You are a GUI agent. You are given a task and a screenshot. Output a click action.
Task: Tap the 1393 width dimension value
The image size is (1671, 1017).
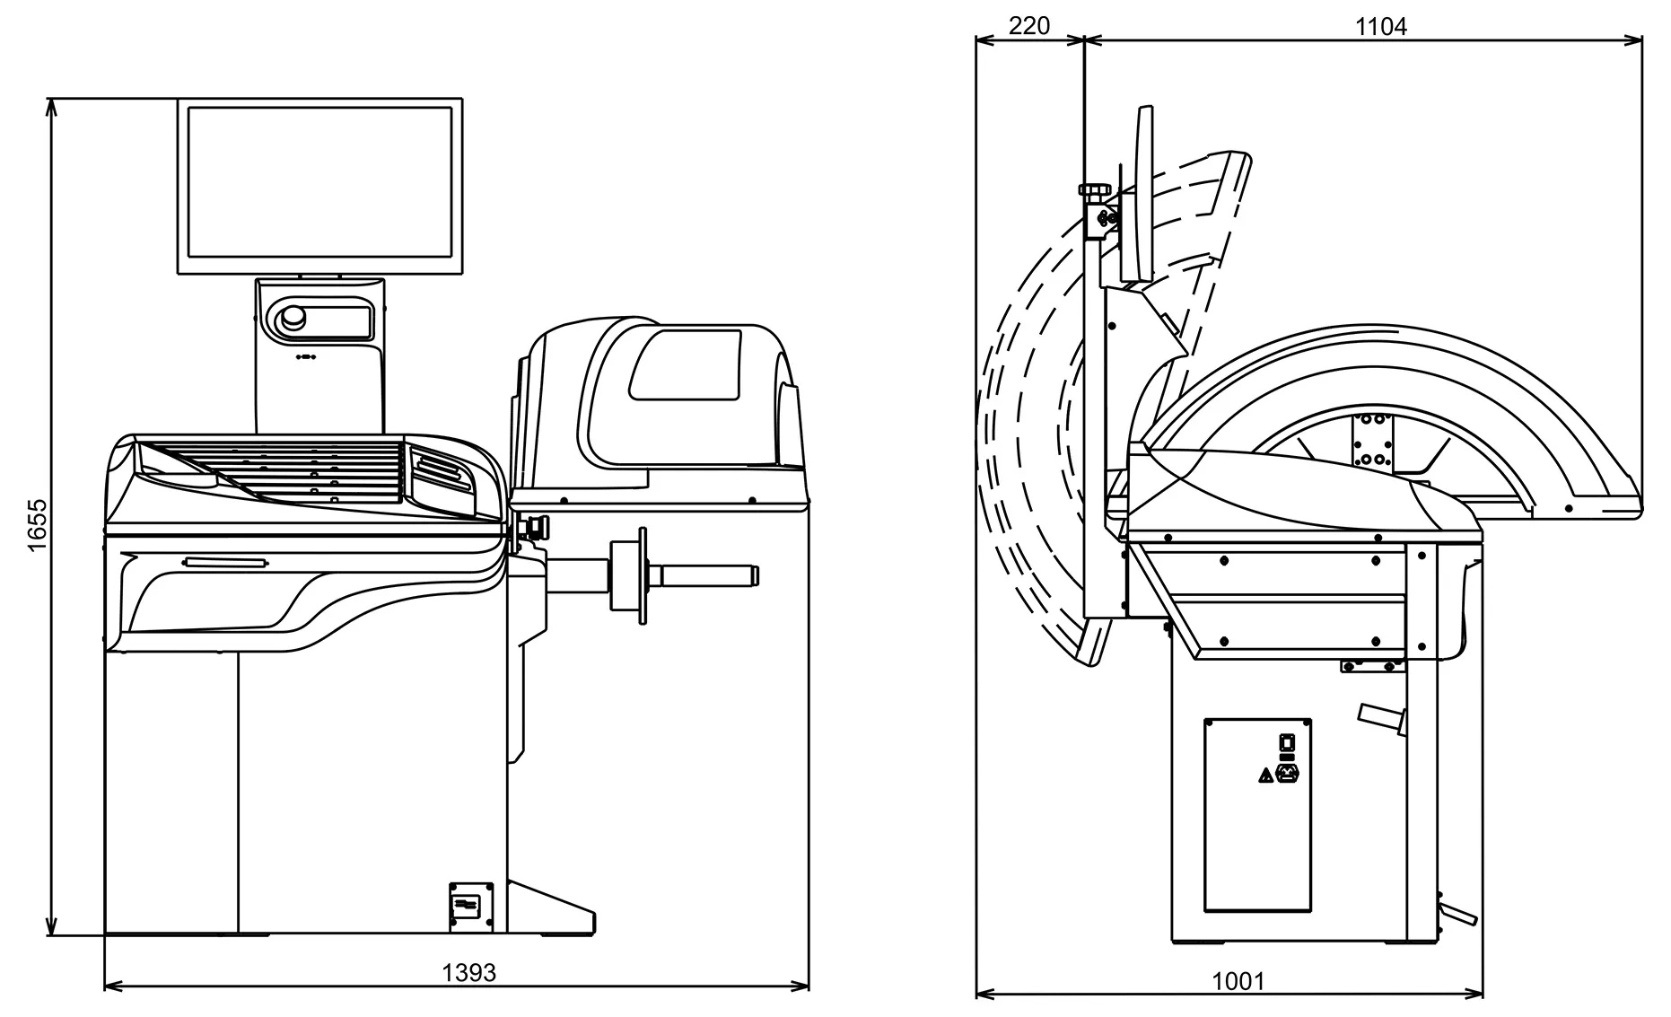[x=468, y=972]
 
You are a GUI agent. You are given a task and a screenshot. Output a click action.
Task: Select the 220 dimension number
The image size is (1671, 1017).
[x=1028, y=26]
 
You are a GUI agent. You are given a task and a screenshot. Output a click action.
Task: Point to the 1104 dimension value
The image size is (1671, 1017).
[x=1380, y=27]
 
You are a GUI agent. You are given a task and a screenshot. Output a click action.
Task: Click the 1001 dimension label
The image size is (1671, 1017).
[x=1238, y=981]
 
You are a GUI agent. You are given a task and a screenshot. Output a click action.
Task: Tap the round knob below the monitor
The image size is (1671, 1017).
[x=293, y=319]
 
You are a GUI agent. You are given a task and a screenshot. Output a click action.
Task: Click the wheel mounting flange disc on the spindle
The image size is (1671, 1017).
[x=642, y=575]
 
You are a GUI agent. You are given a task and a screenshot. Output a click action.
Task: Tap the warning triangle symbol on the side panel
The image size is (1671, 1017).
[x=1264, y=775]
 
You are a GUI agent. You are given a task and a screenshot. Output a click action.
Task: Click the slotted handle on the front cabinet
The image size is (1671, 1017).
[x=225, y=563]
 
